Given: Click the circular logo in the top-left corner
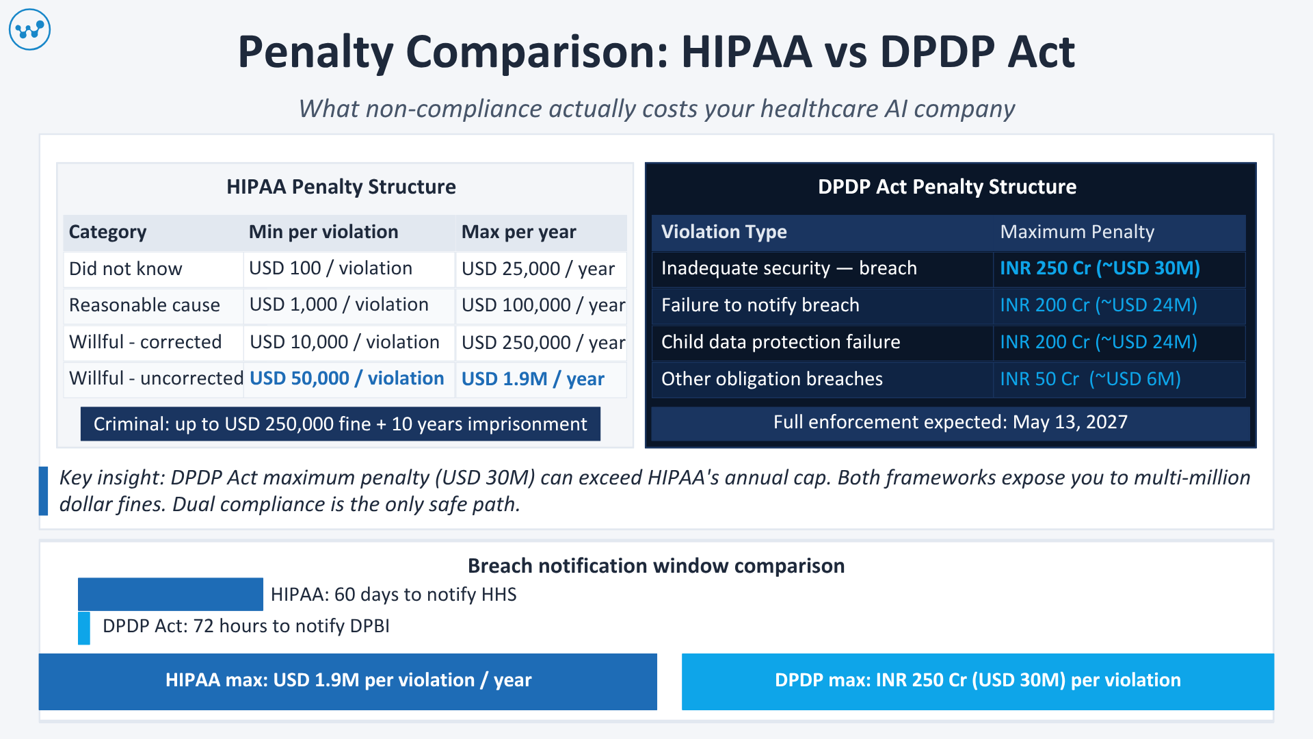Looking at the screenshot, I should pos(29,29).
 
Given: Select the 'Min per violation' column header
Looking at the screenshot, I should pos(323,232).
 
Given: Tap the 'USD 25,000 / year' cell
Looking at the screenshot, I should pos(538,269).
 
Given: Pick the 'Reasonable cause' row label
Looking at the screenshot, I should pos(144,305).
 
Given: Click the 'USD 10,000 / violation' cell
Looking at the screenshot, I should pos(344,342).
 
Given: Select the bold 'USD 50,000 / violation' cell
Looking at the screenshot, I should pos(347,378).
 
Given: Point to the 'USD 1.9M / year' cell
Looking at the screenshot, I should pos(533,379).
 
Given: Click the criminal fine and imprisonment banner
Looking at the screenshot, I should pos(340,424).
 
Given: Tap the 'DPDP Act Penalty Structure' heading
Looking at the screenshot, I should pos(946,187).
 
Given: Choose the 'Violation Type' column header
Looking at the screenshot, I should pos(724,232).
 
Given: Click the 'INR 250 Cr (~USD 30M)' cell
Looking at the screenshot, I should pos(1100,268).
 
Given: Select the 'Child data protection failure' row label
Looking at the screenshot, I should pos(780,342).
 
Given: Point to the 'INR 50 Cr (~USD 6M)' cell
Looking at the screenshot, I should pos(1090,379).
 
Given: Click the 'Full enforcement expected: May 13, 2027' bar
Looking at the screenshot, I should pos(950,422).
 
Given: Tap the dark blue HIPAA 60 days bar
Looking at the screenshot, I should pos(170,594).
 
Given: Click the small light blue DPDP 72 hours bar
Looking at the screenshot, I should pos(84,627).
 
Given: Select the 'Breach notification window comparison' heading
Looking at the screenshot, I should pos(656,566).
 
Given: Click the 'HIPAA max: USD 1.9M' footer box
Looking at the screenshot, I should pos(347,681).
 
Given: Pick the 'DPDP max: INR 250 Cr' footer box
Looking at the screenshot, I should pos(977,681).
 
